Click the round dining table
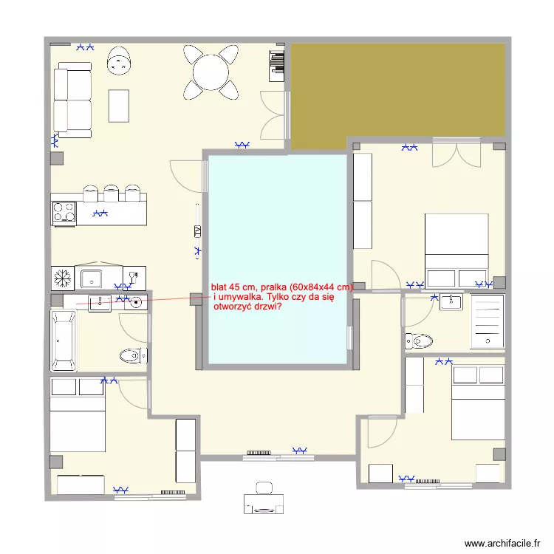212,72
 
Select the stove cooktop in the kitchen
63,213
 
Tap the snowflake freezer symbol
62,278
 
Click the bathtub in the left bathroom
63,341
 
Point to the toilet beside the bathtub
131,355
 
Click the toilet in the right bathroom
419,341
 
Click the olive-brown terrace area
399,89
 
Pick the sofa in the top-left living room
72,100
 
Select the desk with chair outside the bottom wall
263,500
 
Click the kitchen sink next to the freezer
92,278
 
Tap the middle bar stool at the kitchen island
111,193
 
